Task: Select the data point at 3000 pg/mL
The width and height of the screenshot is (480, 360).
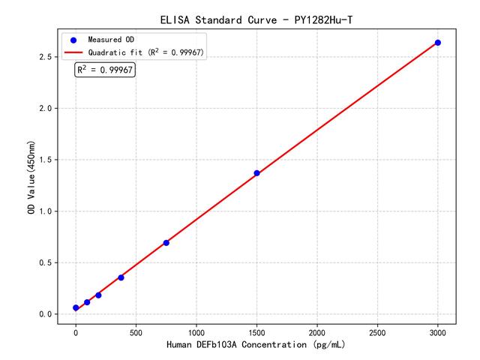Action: (x=438, y=43)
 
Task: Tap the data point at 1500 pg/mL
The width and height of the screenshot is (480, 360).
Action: (x=256, y=173)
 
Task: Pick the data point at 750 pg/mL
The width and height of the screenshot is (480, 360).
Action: (x=166, y=243)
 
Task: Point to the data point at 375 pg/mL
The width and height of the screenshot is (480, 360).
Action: (x=121, y=277)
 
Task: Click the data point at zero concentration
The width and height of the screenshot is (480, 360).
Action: (x=76, y=308)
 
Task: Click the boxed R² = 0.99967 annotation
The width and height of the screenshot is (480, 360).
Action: (x=105, y=70)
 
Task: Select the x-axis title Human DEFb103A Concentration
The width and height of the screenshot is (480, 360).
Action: (x=256, y=346)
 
